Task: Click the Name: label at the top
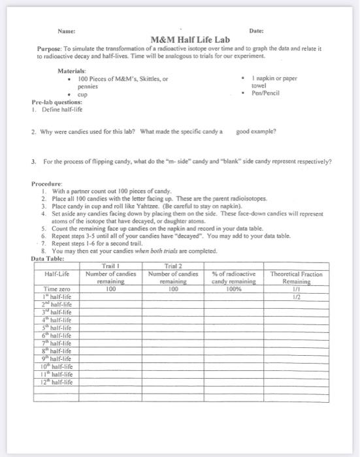point(66,30)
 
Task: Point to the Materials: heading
point(71,70)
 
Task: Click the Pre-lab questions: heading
point(57,102)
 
